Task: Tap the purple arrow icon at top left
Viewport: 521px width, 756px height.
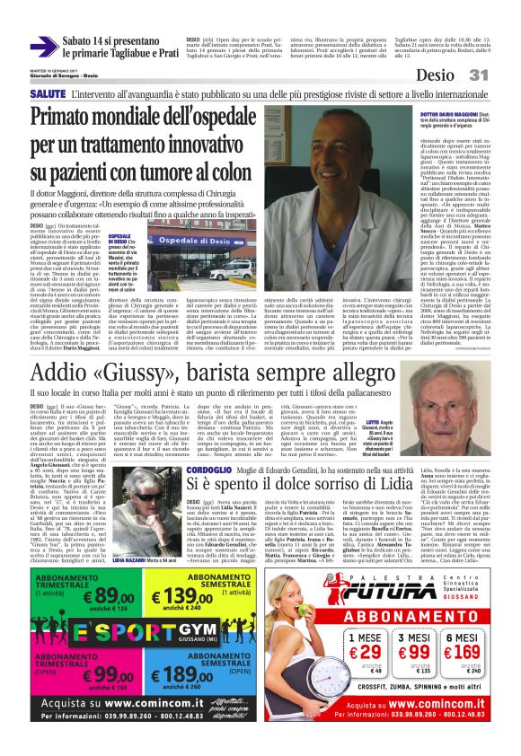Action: (43, 47)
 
